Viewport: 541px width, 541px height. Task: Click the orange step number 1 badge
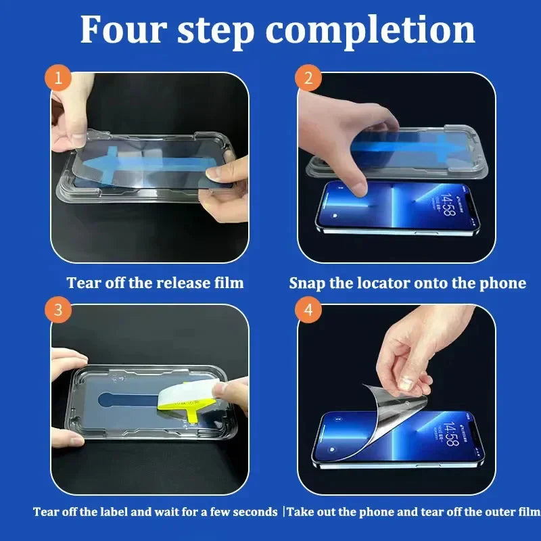[x=59, y=78]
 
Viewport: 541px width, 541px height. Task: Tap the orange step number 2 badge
[x=308, y=78]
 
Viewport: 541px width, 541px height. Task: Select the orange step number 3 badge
[x=59, y=310]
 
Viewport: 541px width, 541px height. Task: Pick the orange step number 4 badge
[x=308, y=310]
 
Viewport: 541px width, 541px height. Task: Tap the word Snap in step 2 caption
[x=307, y=283]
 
